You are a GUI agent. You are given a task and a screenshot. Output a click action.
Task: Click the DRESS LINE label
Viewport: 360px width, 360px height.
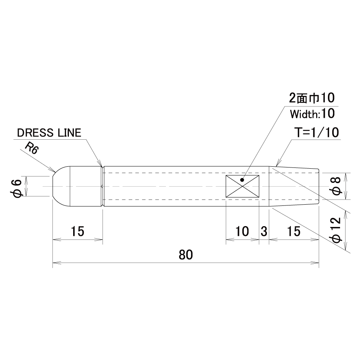coord(49,133)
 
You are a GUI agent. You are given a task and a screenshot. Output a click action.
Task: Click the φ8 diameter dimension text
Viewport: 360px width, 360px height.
coord(337,186)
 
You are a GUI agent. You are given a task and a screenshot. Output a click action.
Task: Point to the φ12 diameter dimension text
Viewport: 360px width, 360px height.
coord(337,230)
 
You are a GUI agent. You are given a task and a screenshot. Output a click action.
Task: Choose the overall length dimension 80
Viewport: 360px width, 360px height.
coord(186,255)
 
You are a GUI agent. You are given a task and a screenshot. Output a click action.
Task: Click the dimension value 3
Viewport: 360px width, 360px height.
coord(264,231)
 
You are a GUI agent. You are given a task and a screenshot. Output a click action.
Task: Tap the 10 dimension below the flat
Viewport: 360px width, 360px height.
coord(242,231)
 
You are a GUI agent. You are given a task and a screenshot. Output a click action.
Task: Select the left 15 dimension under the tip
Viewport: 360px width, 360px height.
coord(77,231)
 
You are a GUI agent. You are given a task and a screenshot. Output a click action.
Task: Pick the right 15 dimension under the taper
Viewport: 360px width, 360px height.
coord(293,231)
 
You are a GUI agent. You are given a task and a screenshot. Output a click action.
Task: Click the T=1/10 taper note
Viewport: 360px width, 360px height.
coord(317,133)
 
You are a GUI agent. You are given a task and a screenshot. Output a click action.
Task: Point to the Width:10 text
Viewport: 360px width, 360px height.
coord(312,114)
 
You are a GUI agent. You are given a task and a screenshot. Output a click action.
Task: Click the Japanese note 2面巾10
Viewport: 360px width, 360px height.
coord(311,99)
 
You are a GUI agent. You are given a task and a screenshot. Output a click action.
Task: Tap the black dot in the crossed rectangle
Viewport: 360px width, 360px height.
coord(242,180)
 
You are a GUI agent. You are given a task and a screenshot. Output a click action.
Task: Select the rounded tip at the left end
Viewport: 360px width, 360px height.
coord(61,186)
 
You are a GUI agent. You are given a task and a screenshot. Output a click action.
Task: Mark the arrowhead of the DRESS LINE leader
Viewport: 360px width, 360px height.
coord(101,165)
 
